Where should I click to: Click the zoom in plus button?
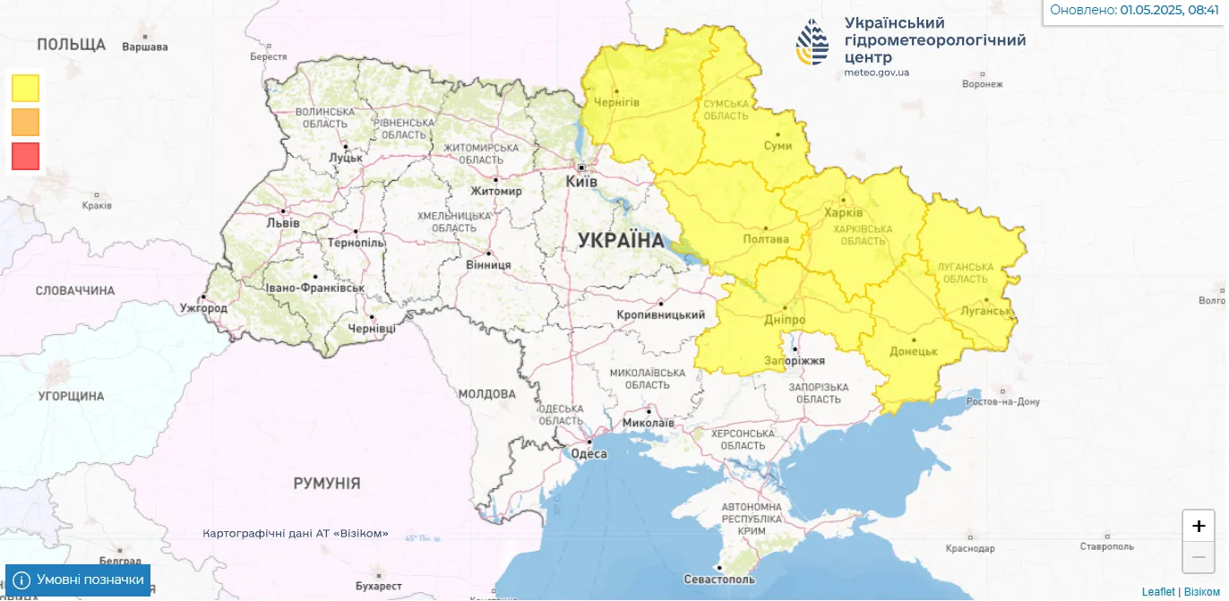click(x=1199, y=526)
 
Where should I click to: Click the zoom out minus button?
click(x=1199, y=557)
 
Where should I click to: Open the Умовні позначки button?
click(x=78, y=580)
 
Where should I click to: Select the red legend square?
click(x=26, y=156)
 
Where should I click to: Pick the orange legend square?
click(x=26, y=122)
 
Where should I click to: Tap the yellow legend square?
click(x=26, y=88)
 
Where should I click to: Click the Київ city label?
click(x=581, y=181)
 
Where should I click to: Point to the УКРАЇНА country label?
click(x=621, y=240)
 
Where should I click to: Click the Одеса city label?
click(x=589, y=453)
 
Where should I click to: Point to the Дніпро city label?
click(x=785, y=320)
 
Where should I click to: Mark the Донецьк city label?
click(x=914, y=352)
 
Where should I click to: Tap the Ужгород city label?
click(x=203, y=308)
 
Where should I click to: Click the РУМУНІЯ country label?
click(x=327, y=484)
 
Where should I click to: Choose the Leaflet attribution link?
click(x=1158, y=592)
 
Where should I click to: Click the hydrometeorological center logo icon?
click(x=812, y=42)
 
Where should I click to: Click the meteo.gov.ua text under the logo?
click(x=876, y=73)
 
